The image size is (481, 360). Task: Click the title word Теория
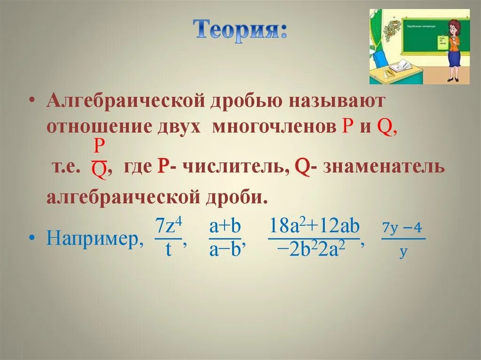(x=240, y=31)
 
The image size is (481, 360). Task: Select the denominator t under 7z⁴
(x=168, y=250)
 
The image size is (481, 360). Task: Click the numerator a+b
(x=225, y=227)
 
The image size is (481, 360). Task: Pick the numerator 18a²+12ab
(x=314, y=227)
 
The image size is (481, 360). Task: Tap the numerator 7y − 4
(x=402, y=228)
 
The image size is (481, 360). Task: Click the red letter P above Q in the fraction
(x=99, y=147)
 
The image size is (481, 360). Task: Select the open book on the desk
(x=400, y=66)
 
